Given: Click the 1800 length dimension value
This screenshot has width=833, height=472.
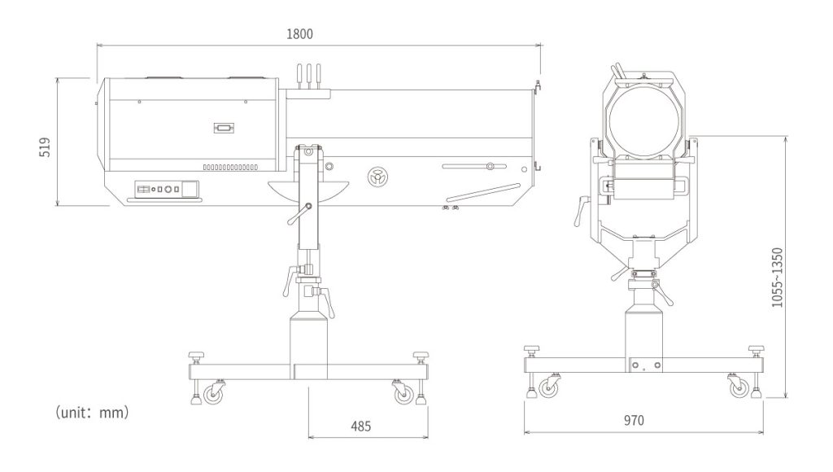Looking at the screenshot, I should coord(299,33).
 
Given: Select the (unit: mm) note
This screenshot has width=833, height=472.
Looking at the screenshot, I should coord(91,413).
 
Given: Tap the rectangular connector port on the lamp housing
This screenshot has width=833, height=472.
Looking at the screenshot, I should coord(223,128).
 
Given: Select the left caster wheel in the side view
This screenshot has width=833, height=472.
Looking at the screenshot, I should coord(216,394).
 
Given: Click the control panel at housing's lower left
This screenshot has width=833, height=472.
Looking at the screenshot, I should coord(166,189).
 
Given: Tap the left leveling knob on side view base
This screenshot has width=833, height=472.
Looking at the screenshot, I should coord(196,358).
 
